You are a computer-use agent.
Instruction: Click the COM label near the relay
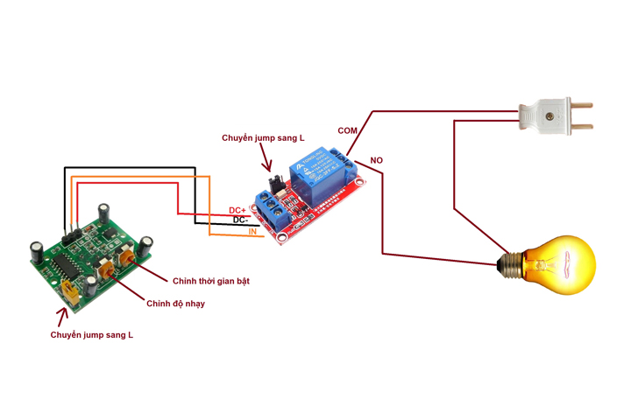coord(348,131)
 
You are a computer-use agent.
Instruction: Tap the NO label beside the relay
coord(377,160)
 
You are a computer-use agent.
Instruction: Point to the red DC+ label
coord(238,211)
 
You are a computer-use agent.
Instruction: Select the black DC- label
coord(240,220)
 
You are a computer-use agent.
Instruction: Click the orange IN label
coord(252,232)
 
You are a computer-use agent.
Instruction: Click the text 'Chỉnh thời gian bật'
coord(211,280)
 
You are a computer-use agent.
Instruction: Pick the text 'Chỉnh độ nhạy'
coord(175,303)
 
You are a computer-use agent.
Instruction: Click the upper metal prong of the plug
coord(581,106)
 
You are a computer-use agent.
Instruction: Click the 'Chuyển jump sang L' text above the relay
coord(263,138)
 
